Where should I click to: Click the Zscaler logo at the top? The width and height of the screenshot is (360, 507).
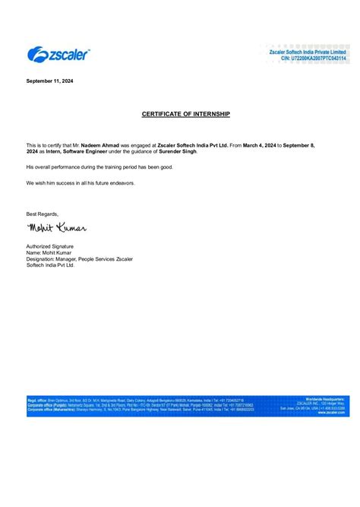(58, 54)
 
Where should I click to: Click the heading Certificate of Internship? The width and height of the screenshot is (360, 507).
(185, 113)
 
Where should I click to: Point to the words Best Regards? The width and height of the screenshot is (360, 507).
(42, 214)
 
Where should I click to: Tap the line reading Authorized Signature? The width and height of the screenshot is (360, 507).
(50, 246)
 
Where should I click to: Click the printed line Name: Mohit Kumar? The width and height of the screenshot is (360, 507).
(52, 253)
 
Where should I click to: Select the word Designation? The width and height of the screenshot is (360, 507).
(42, 259)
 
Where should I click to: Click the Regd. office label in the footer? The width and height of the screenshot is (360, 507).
(37, 399)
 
